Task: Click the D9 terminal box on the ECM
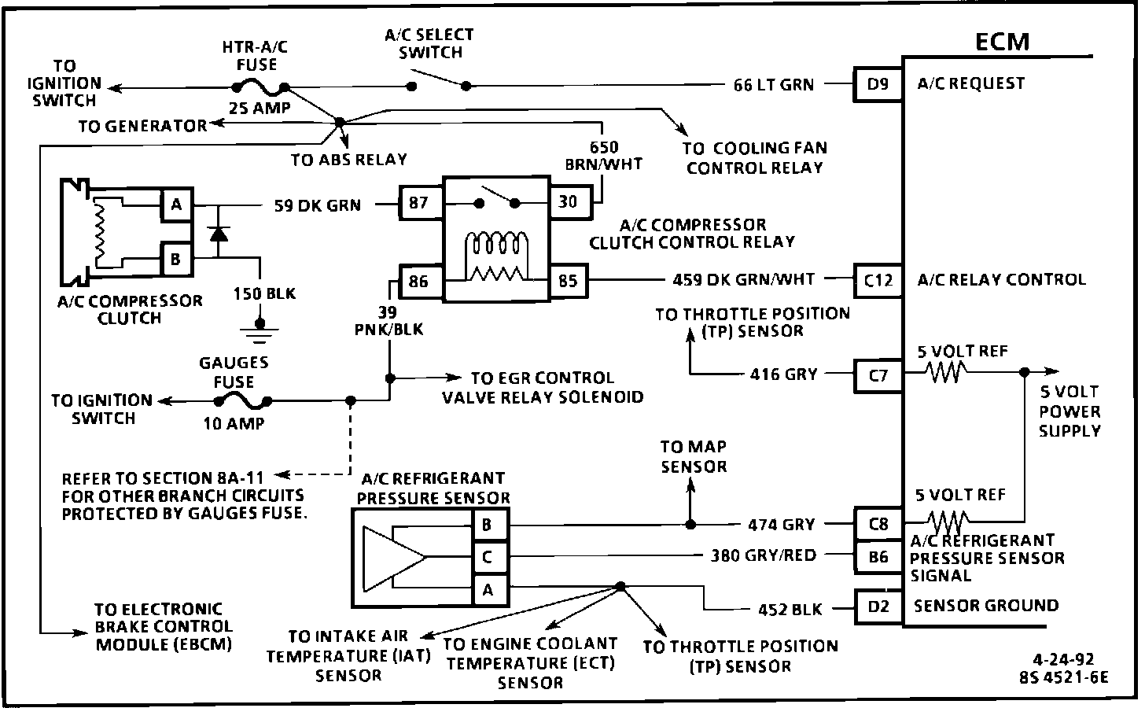(878, 83)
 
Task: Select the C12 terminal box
(878, 279)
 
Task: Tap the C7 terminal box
(878, 375)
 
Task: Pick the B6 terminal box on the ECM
(878, 556)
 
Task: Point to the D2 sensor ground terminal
(878, 607)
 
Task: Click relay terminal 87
(419, 204)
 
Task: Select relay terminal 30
(567, 202)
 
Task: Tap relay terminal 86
(419, 280)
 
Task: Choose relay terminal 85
(567, 280)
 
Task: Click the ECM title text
(1003, 41)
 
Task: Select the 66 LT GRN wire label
(773, 84)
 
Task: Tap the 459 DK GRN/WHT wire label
(744, 279)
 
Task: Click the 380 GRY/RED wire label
(764, 556)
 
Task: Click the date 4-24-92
(1063, 659)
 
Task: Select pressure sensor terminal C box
(488, 558)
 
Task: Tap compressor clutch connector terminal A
(176, 206)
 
